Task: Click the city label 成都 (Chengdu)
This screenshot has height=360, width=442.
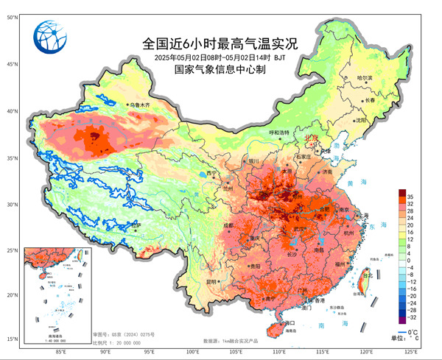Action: pos(228,225)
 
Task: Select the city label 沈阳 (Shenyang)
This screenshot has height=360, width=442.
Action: pos(360,120)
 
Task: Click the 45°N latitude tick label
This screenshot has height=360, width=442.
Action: pos(12,63)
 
